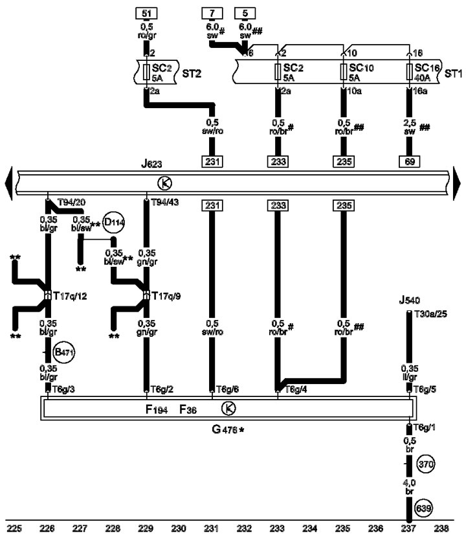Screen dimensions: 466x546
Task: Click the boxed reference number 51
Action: coord(146,14)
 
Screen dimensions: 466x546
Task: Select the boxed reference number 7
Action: coord(212,14)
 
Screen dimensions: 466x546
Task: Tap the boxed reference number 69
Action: coord(409,161)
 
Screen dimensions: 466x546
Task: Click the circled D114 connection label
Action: coord(114,222)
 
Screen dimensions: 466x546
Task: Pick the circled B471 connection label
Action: coord(64,352)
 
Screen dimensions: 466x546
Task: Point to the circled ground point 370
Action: coord(426,464)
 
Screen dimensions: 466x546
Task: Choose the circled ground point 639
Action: coord(423,508)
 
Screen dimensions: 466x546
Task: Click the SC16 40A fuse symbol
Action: coord(410,71)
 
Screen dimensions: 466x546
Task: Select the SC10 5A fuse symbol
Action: coord(344,71)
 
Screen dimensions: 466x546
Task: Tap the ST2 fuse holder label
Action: coord(192,74)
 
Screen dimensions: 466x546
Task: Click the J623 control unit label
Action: coord(151,164)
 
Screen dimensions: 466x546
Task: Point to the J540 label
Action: coord(409,300)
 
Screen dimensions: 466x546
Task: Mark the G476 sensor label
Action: coord(228,429)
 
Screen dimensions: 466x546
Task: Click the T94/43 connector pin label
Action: coord(165,202)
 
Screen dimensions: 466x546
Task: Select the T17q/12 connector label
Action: coord(70,297)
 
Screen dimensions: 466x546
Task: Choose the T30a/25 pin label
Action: coord(431,314)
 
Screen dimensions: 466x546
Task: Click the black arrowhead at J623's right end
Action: coord(456,183)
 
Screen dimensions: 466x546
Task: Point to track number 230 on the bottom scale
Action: coord(179,529)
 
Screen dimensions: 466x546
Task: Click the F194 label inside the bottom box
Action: coord(157,409)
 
